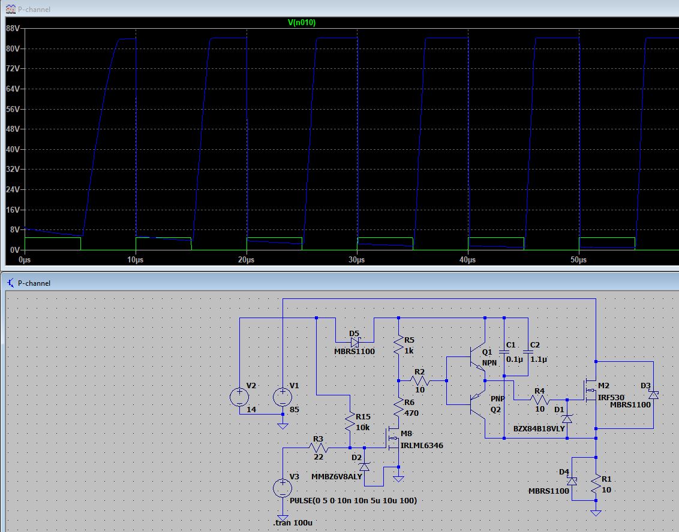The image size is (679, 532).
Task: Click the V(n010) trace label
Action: [302, 23]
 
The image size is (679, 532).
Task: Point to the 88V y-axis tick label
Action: [13, 29]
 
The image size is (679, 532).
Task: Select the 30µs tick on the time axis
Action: [357, 259]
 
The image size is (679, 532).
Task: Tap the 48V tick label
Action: [13, 129]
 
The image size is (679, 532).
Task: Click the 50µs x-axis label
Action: [579, 259]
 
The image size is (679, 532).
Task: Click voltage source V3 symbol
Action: [283, 488]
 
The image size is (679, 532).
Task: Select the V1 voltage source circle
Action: [283, 397]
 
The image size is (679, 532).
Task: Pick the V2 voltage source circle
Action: [239, 397]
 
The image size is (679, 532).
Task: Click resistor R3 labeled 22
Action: [319, 448]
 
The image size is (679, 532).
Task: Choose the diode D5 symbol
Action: [355, 343]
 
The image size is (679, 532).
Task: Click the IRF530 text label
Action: [611, 397]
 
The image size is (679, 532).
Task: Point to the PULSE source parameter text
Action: [353, 500]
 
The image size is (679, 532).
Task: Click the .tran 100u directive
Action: [293, 522]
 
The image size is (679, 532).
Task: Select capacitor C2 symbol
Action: [528, 352]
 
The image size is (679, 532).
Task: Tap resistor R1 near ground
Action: [596, 484]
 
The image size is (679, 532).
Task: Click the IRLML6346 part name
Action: [422, 445]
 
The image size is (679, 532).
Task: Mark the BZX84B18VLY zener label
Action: [539, 428]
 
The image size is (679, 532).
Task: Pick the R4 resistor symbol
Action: [540, 400]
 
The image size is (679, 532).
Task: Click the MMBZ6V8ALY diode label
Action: [337, 477]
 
